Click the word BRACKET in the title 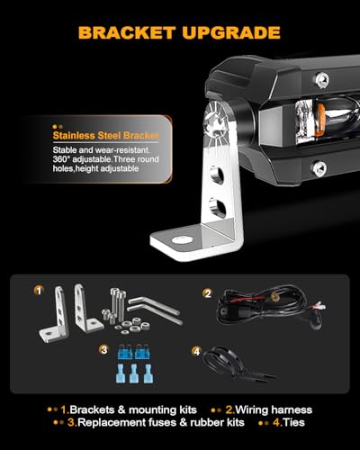(127, 32)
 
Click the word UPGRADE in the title (231, 32)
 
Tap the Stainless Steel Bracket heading (105, 136)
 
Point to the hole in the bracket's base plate (182, 239)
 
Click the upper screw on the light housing (322, 80)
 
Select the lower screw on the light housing (319, 168)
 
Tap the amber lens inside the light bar (320, 121)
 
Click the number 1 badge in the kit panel (39, 290)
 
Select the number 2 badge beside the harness (208, 293)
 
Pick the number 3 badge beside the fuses (104, 350)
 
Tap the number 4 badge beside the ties (196, 351)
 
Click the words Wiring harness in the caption (274, 409)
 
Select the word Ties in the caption (294, 422)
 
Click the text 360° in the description (61, 159)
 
